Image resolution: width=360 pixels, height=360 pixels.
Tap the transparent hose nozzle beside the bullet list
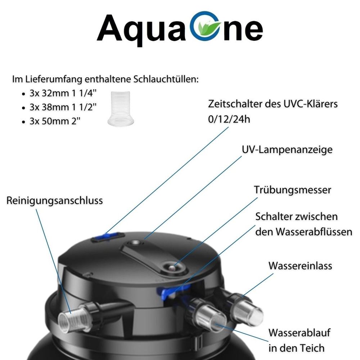[121, 109]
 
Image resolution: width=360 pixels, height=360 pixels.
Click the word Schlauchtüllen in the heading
[166, 80]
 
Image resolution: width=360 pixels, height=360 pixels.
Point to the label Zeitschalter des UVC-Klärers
[273, 104]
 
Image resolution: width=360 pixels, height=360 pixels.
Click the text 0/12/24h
[229, 120]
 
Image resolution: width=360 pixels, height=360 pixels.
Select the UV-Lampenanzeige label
[287, 150]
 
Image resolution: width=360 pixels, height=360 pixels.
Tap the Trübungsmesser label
[292, 190]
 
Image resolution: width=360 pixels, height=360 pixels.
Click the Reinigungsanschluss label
[55, 201]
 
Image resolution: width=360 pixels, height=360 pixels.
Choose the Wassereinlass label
[300, 266]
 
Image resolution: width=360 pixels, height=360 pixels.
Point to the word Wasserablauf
[300, 333]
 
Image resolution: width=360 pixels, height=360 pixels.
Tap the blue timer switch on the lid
[108, 237]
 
